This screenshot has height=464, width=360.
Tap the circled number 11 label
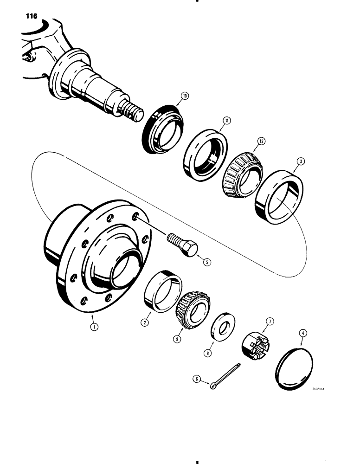tap(226, 122)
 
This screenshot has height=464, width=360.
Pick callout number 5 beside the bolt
tap(206, 262)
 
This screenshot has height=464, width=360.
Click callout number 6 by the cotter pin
tap(197, 380)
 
